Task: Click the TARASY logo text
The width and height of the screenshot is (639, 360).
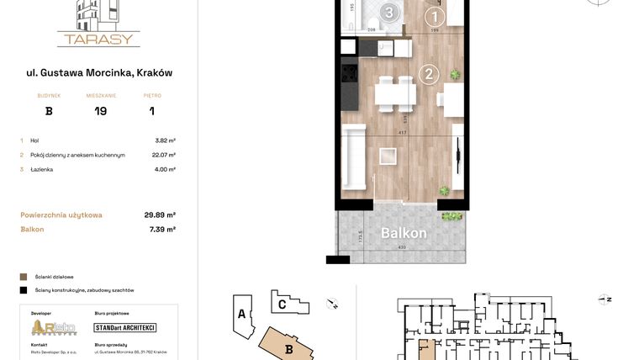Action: tap(98, 38)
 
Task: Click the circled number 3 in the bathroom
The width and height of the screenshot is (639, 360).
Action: tap(388, 13)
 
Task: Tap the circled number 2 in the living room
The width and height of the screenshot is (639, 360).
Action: tap(429, 75)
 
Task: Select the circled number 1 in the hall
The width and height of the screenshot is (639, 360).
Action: tap(434, 16)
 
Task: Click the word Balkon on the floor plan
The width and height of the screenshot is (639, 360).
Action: tap(404, 233)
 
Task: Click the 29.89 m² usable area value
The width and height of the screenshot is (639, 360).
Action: tap(160, 214)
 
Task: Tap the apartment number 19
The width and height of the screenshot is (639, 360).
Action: tap(100, 111)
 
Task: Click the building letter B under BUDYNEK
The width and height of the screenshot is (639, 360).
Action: tap(49, 111)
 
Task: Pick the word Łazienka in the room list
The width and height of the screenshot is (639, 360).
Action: tap(42, 169)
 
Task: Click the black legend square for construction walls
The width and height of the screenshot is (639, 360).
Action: tap(24, 290)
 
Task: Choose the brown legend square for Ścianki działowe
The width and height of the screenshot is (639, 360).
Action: tap(24, 276)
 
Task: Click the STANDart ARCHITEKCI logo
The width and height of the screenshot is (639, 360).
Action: tap(124, 327)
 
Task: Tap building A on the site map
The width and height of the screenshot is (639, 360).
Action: tap(241, 315)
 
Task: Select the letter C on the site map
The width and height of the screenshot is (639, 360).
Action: tap(283, 305)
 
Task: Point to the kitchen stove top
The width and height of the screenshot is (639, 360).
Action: tap(348, 74)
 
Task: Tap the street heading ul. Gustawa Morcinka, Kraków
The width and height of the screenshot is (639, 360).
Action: tap(99, 73)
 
